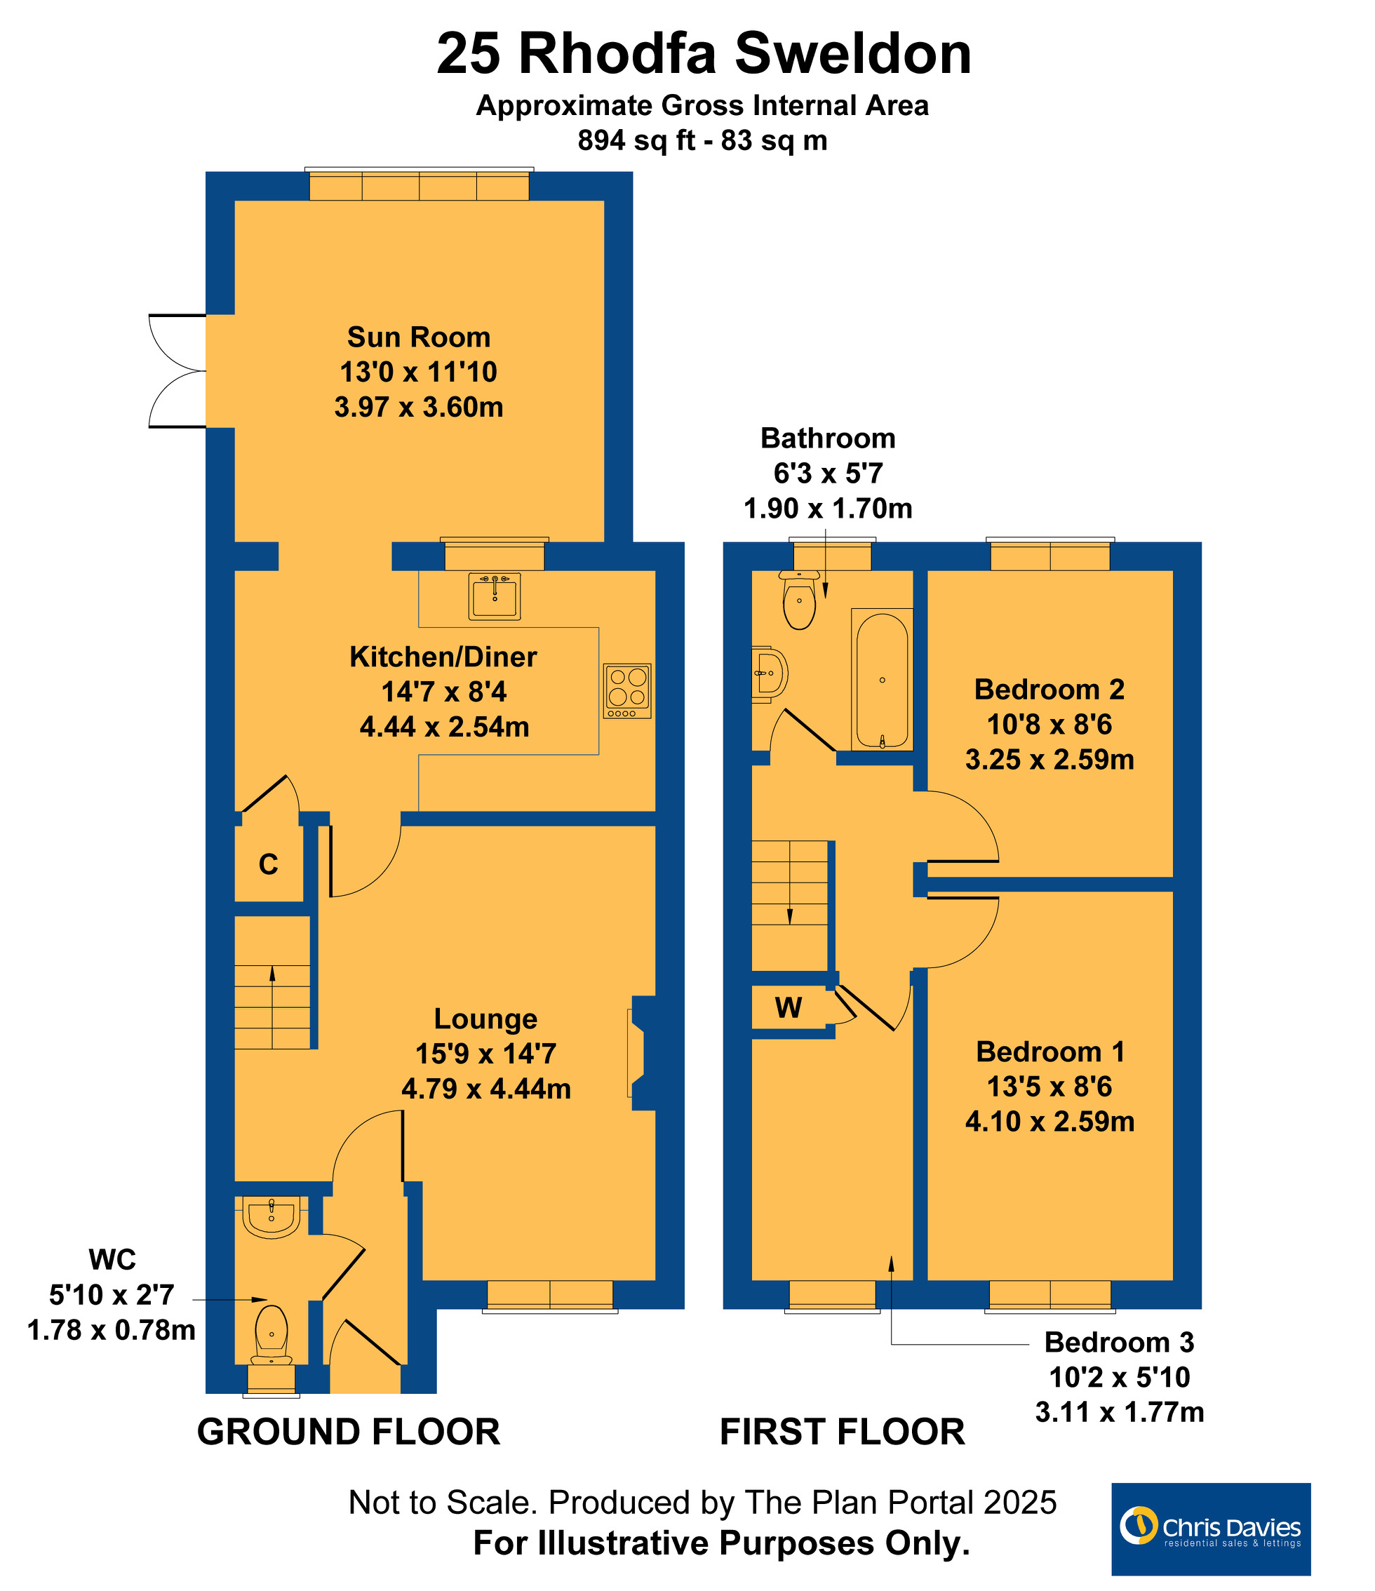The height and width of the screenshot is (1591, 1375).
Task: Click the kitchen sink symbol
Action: point(495,596)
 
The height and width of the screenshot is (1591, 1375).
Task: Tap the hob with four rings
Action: point(627,691)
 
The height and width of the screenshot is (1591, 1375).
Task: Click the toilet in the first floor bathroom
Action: point(799,599)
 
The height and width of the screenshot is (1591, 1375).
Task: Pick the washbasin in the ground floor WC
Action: point(271,1217)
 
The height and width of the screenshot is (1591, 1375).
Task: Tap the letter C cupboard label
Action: point(268,865)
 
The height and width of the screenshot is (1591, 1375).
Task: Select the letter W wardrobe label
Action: point(789,1007)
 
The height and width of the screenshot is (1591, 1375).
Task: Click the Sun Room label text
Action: point(418,337)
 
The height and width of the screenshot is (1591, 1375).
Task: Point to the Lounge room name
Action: point(486,1019)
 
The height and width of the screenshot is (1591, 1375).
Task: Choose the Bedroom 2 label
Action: point(1049,690)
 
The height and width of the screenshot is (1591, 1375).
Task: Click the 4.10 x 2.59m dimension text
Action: point(1049,1121)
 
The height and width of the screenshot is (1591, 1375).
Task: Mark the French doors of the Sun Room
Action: point(177,371)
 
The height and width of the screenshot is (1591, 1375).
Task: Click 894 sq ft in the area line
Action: point(636,140)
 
